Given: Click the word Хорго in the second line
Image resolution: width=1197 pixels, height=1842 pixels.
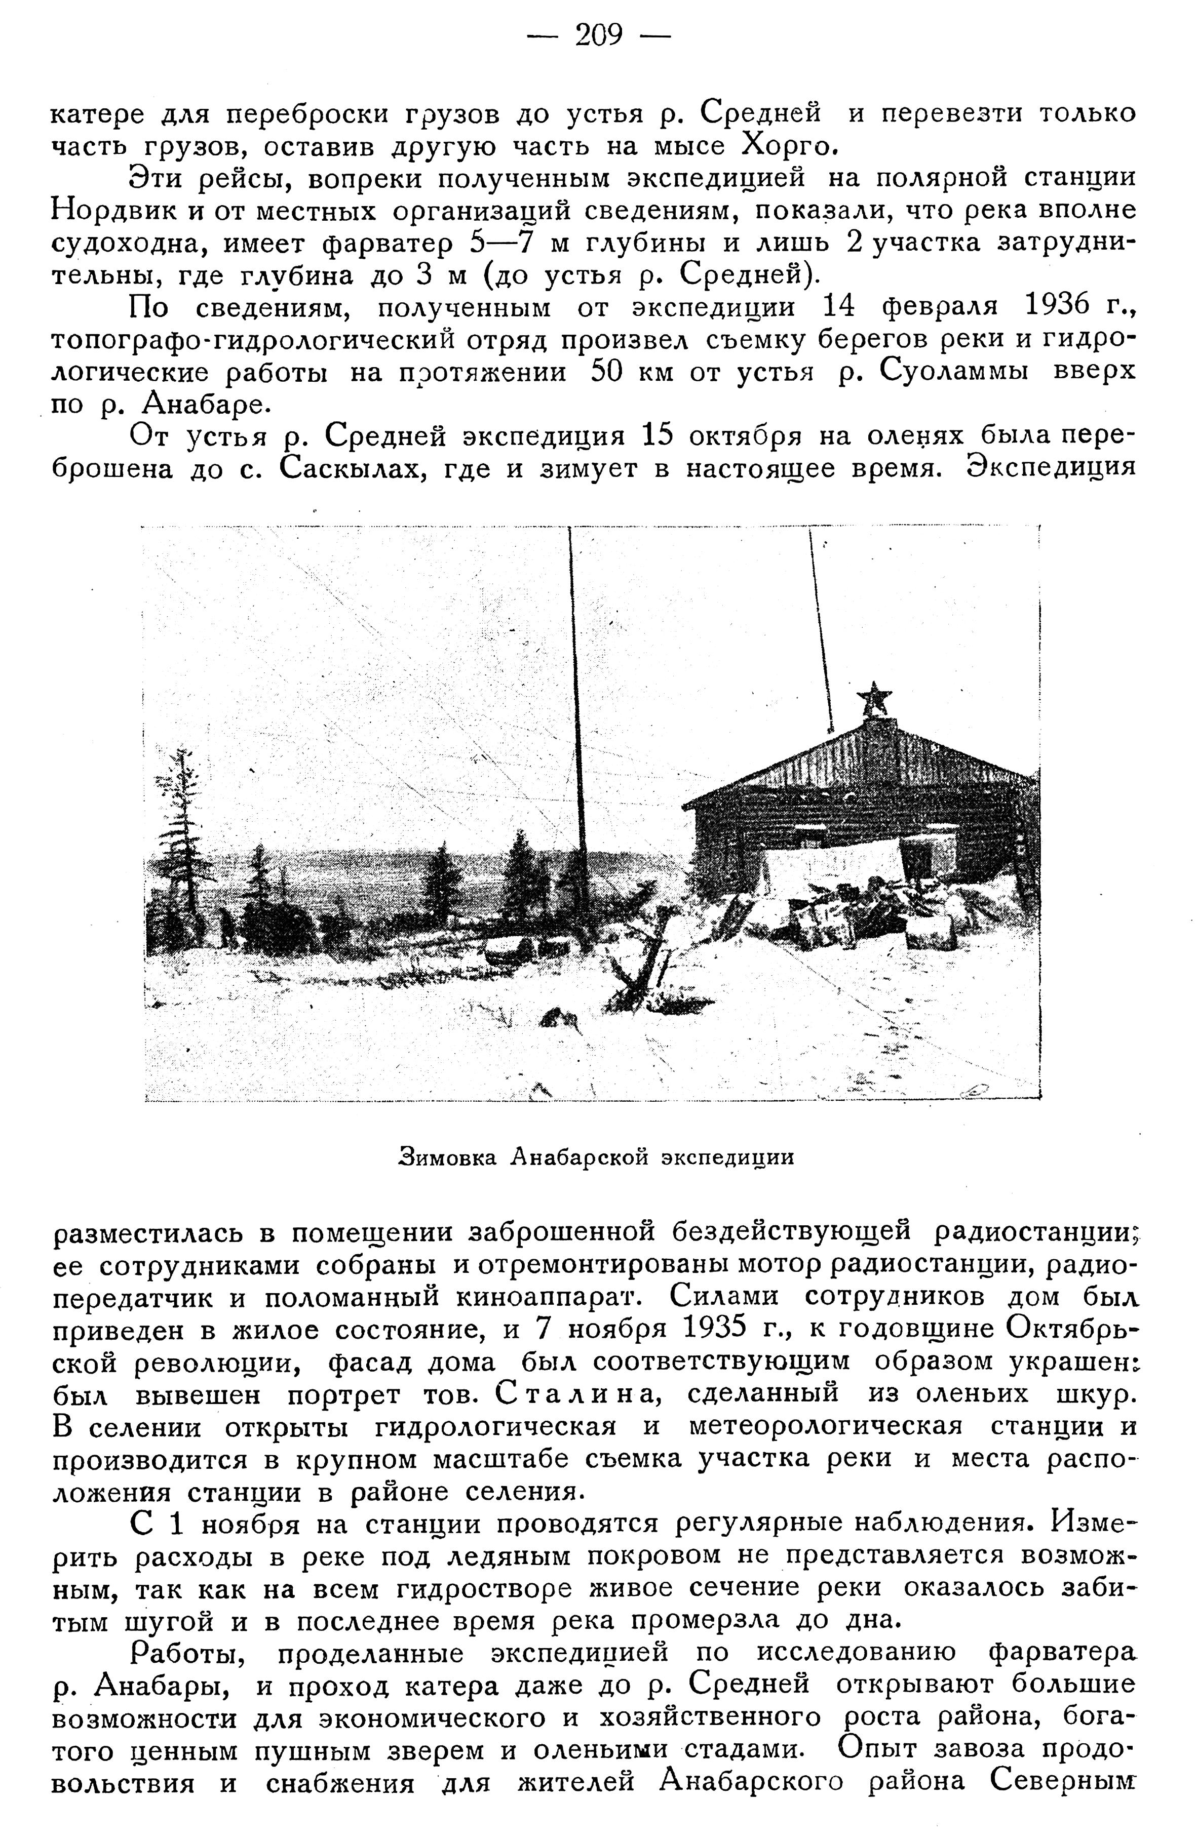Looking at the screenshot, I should [x=789, y=145].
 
